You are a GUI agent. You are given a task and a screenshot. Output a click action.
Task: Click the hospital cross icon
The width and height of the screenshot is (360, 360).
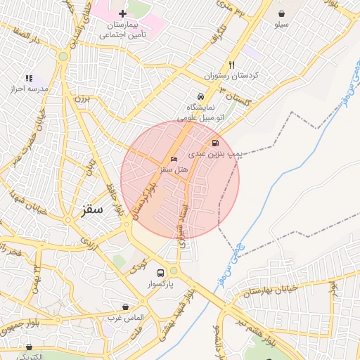[122, 13]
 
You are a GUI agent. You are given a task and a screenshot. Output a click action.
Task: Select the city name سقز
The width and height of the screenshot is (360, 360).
[91, 210]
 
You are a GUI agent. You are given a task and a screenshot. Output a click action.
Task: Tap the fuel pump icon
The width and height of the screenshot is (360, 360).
[214, 142]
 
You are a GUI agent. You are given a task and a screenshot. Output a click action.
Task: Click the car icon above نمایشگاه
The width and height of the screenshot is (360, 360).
[201, 96]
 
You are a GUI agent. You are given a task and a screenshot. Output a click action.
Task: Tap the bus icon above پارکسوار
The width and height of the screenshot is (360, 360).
[161, 273]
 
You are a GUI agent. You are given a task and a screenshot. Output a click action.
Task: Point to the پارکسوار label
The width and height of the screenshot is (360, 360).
[160, 285]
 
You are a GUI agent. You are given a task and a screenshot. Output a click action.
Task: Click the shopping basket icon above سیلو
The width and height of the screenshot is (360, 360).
[282, 13]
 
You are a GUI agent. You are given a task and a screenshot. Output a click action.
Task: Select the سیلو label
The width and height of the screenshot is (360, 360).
[281, 24]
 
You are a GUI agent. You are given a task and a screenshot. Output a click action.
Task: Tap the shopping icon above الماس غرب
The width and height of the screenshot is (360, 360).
[125, 307]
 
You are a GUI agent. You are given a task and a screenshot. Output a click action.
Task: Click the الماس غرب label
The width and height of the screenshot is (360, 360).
[125, 319]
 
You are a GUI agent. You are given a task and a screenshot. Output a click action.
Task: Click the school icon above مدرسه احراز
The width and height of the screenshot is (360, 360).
[29, 78]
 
